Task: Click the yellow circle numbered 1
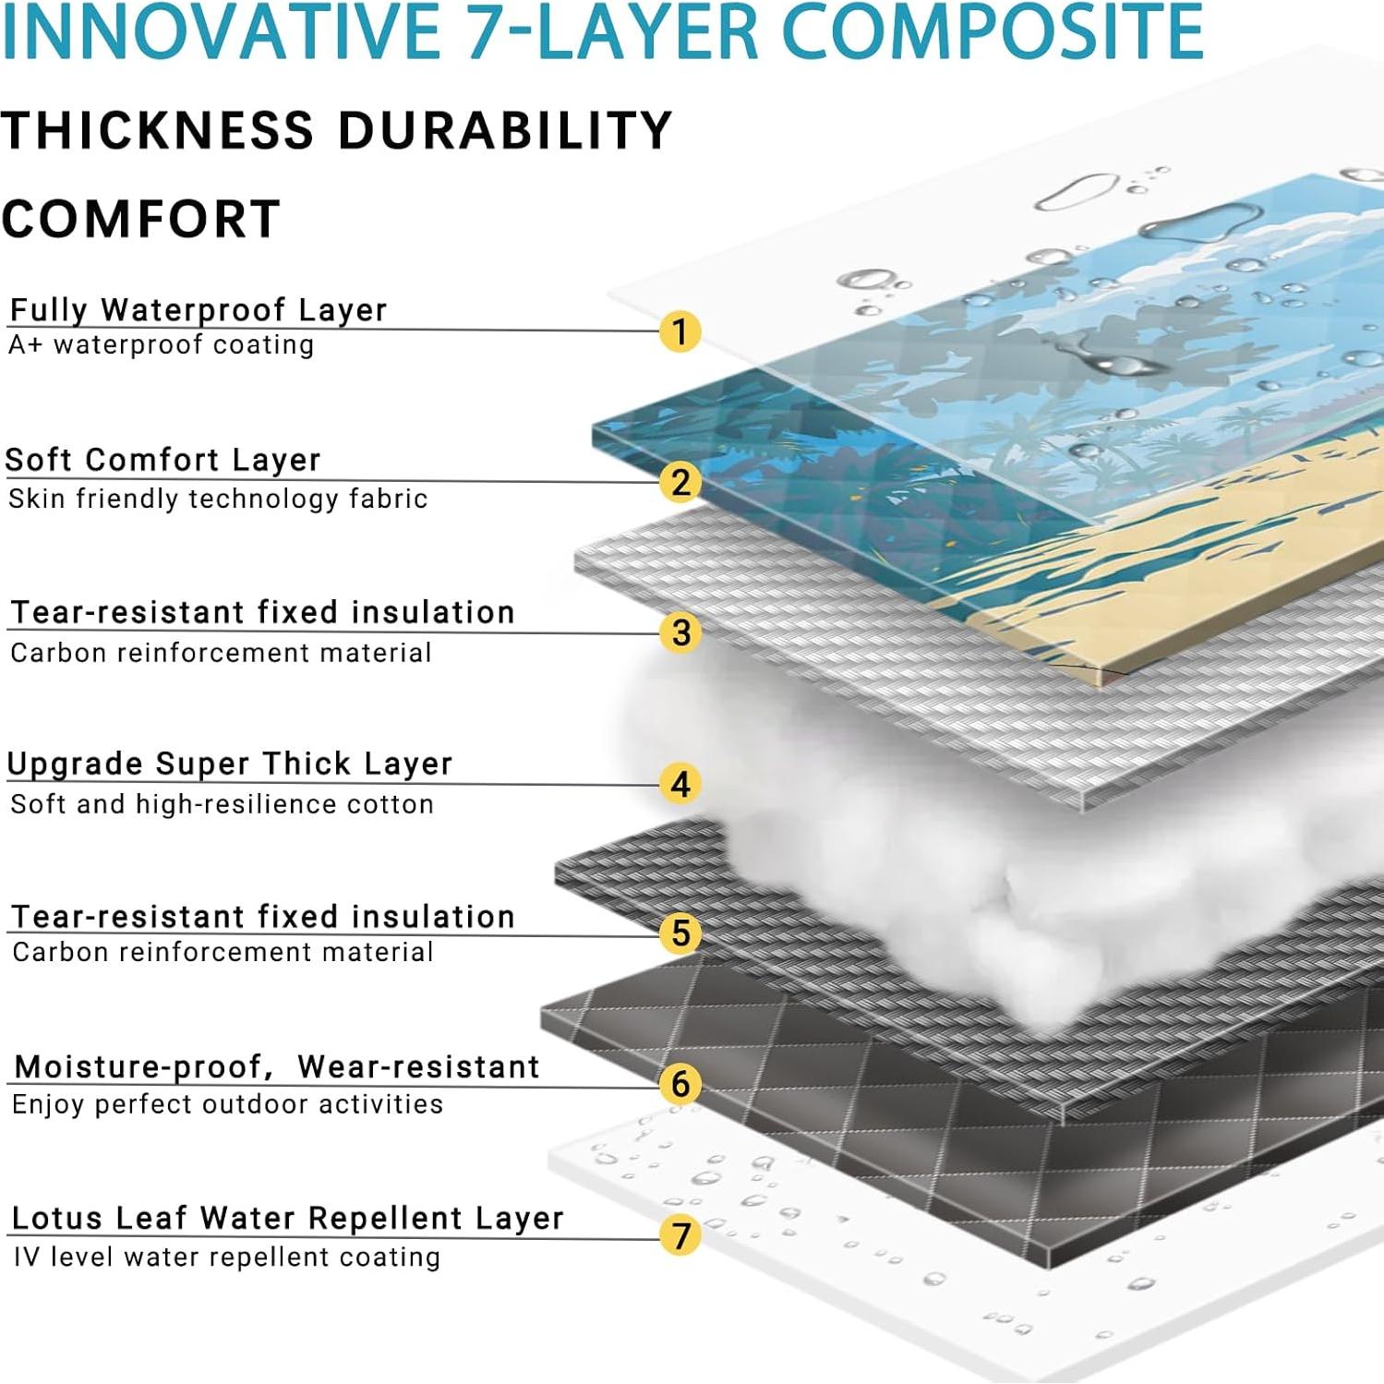(x=680, y=331)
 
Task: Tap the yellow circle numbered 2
(x=680, y=482)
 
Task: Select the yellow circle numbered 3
(x=680, y=632)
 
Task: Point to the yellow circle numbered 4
(x=680, y=784)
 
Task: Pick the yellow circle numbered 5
(x=680, y=933)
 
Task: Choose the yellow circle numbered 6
(x=680, y=1084)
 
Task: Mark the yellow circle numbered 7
(x=680, y=1235)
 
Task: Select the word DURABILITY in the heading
(x=505, y=130)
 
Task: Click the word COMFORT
(x=141, y=220)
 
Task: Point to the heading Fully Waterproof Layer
(x=198, y=310)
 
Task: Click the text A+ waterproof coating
(x=162, y=345)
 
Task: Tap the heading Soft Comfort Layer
(x=163, y=460)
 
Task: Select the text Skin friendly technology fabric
(x=218, y=499)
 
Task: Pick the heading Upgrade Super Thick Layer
(x=230, y=764)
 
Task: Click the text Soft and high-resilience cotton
(x=222, y=804)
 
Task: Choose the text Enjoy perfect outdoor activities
(x=227, y=1104)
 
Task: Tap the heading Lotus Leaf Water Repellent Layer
(x=287, y=1219)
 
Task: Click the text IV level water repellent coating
(x=227, y=1258)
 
